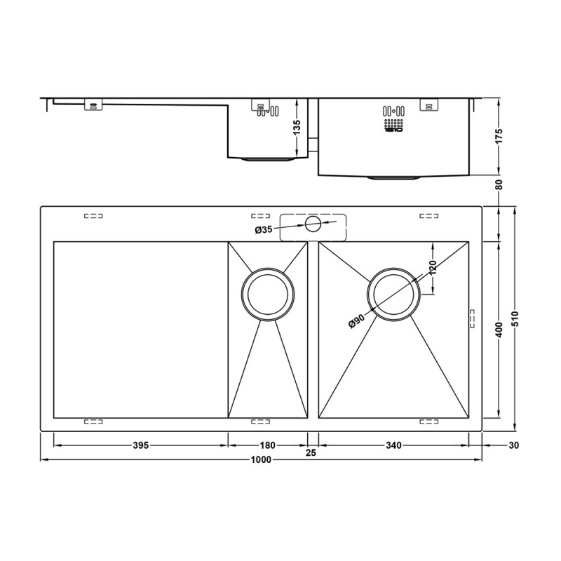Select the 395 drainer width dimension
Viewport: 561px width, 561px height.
(x=140, y=445)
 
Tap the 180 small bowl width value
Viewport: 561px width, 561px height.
(x=267, y=445)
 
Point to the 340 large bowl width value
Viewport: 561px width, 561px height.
(x=393, y=445)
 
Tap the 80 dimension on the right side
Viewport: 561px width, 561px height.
(x=499, y=185)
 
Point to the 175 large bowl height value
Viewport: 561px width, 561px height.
(x=499, y=137)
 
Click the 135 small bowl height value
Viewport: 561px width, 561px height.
(x=297, y=128)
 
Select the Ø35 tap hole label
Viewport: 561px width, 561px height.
(x=264, y=229)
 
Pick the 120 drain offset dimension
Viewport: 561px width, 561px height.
(x=433, y=268)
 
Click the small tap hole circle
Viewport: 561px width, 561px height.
(x=313, y=224)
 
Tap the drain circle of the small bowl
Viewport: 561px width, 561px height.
(x=267, y=294)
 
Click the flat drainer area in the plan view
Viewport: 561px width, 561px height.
(x=140, y=330)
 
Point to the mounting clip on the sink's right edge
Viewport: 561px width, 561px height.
(x=471, y=318)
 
